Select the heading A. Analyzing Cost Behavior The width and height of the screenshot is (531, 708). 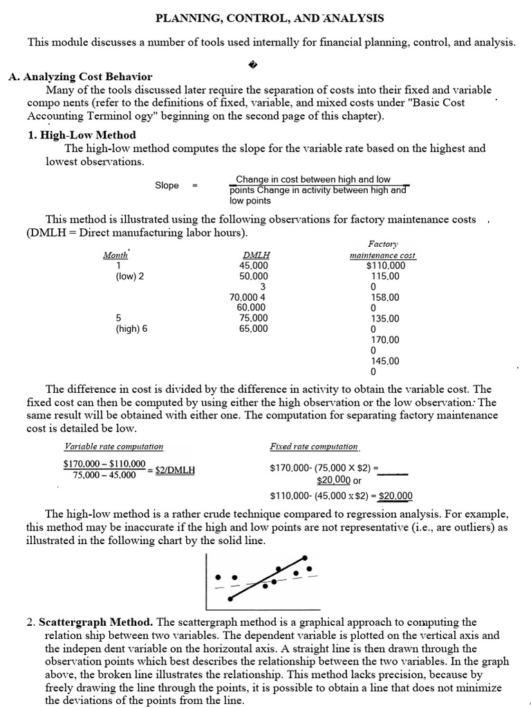[80, 77]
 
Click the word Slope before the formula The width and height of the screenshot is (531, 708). [167, 185]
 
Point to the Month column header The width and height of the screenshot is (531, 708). [115, 255]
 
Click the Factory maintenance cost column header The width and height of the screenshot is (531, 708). [382, 250]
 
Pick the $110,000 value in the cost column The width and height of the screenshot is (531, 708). [386, 265]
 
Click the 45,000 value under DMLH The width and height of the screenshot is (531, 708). [252, 265]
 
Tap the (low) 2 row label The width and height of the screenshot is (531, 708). [130, 276]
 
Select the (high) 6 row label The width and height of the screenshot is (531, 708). [131, 329]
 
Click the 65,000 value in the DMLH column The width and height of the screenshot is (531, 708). [252, 329]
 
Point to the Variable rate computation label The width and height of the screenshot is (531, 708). [113, 447]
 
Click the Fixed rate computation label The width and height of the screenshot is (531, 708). [314, 447]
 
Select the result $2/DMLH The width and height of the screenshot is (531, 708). [175, 469]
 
